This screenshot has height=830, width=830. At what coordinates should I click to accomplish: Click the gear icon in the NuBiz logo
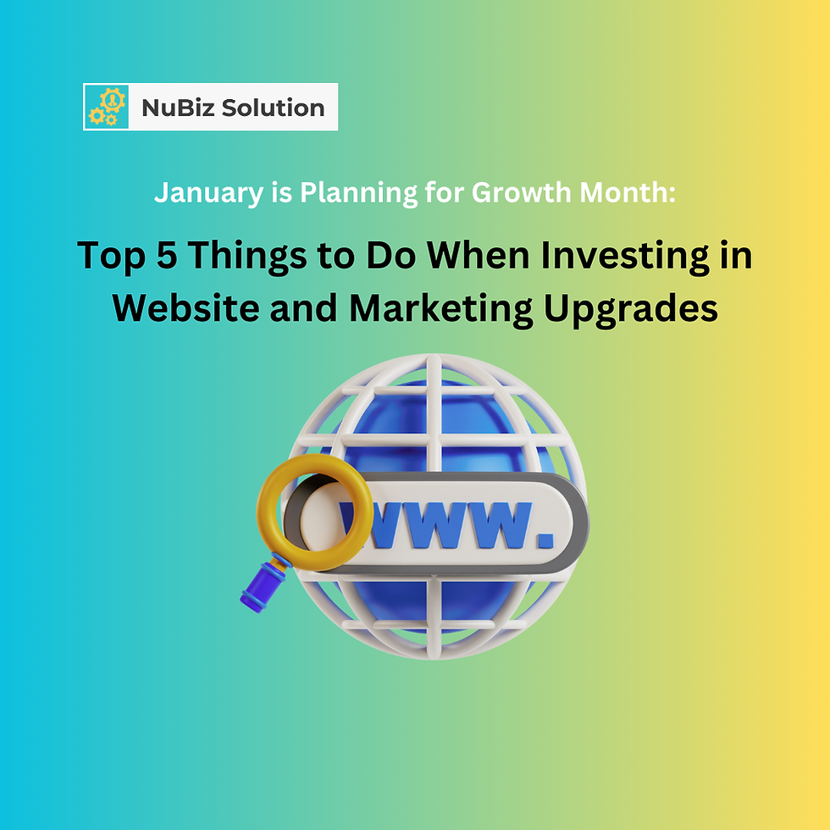107,107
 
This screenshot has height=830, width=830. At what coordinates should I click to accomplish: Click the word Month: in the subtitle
625,193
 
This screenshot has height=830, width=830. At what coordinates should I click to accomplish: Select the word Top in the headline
109,256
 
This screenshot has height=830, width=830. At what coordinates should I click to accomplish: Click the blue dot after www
545,538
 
